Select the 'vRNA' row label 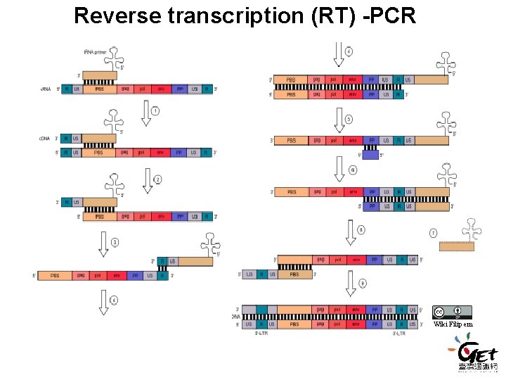(47, 89)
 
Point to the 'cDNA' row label (46, 139)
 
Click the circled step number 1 (155, 110)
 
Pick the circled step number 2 (157, 180)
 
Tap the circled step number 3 (115, 243)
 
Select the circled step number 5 (349, 120)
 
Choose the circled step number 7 (433, 232)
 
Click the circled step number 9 (362, 282)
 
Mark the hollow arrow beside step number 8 (350, 232)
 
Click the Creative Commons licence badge (452, 312)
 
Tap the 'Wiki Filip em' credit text (453, 324)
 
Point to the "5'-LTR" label (261, 334)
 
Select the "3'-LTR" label (399, 334)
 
